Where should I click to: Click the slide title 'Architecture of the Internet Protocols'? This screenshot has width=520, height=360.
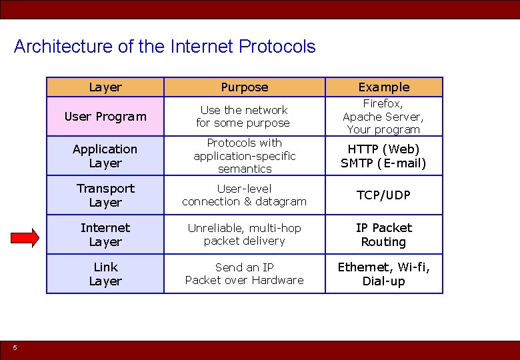tap(164, 47)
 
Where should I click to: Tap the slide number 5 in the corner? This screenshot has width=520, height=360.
tap(15, 347)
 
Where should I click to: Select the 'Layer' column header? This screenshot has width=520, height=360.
tap(105, 87)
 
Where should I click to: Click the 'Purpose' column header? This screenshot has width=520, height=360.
tap(244, 87)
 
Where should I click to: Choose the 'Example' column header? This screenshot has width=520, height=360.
tap(383, 87)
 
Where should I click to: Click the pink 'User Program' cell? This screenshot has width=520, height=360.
tap(105, 117)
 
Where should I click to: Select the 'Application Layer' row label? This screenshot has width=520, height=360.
tap(105, 156)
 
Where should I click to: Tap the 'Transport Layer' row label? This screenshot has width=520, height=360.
tap(105, 195)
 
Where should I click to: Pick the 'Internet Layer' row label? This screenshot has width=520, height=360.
tap(105, 235)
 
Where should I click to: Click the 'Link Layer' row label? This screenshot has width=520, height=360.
tap(105, 274)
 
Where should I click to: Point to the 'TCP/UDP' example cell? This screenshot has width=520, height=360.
tap(383, 195)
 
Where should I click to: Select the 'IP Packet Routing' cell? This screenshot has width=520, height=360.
tap(383, 235)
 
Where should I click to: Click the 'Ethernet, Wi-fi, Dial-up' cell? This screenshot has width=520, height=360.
tap(383, 274)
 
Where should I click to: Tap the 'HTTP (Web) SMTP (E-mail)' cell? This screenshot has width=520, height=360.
tap(383, 156)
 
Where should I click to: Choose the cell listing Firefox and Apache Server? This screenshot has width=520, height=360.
tap(383, 117)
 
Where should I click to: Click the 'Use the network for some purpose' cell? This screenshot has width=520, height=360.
tap(244, 117)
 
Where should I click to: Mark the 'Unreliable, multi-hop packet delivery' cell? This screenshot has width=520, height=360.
tap(244, 235)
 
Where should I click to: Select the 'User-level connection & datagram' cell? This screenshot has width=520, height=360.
tap(244, 195)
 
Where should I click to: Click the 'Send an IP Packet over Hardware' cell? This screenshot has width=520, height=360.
tap(244, 274)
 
